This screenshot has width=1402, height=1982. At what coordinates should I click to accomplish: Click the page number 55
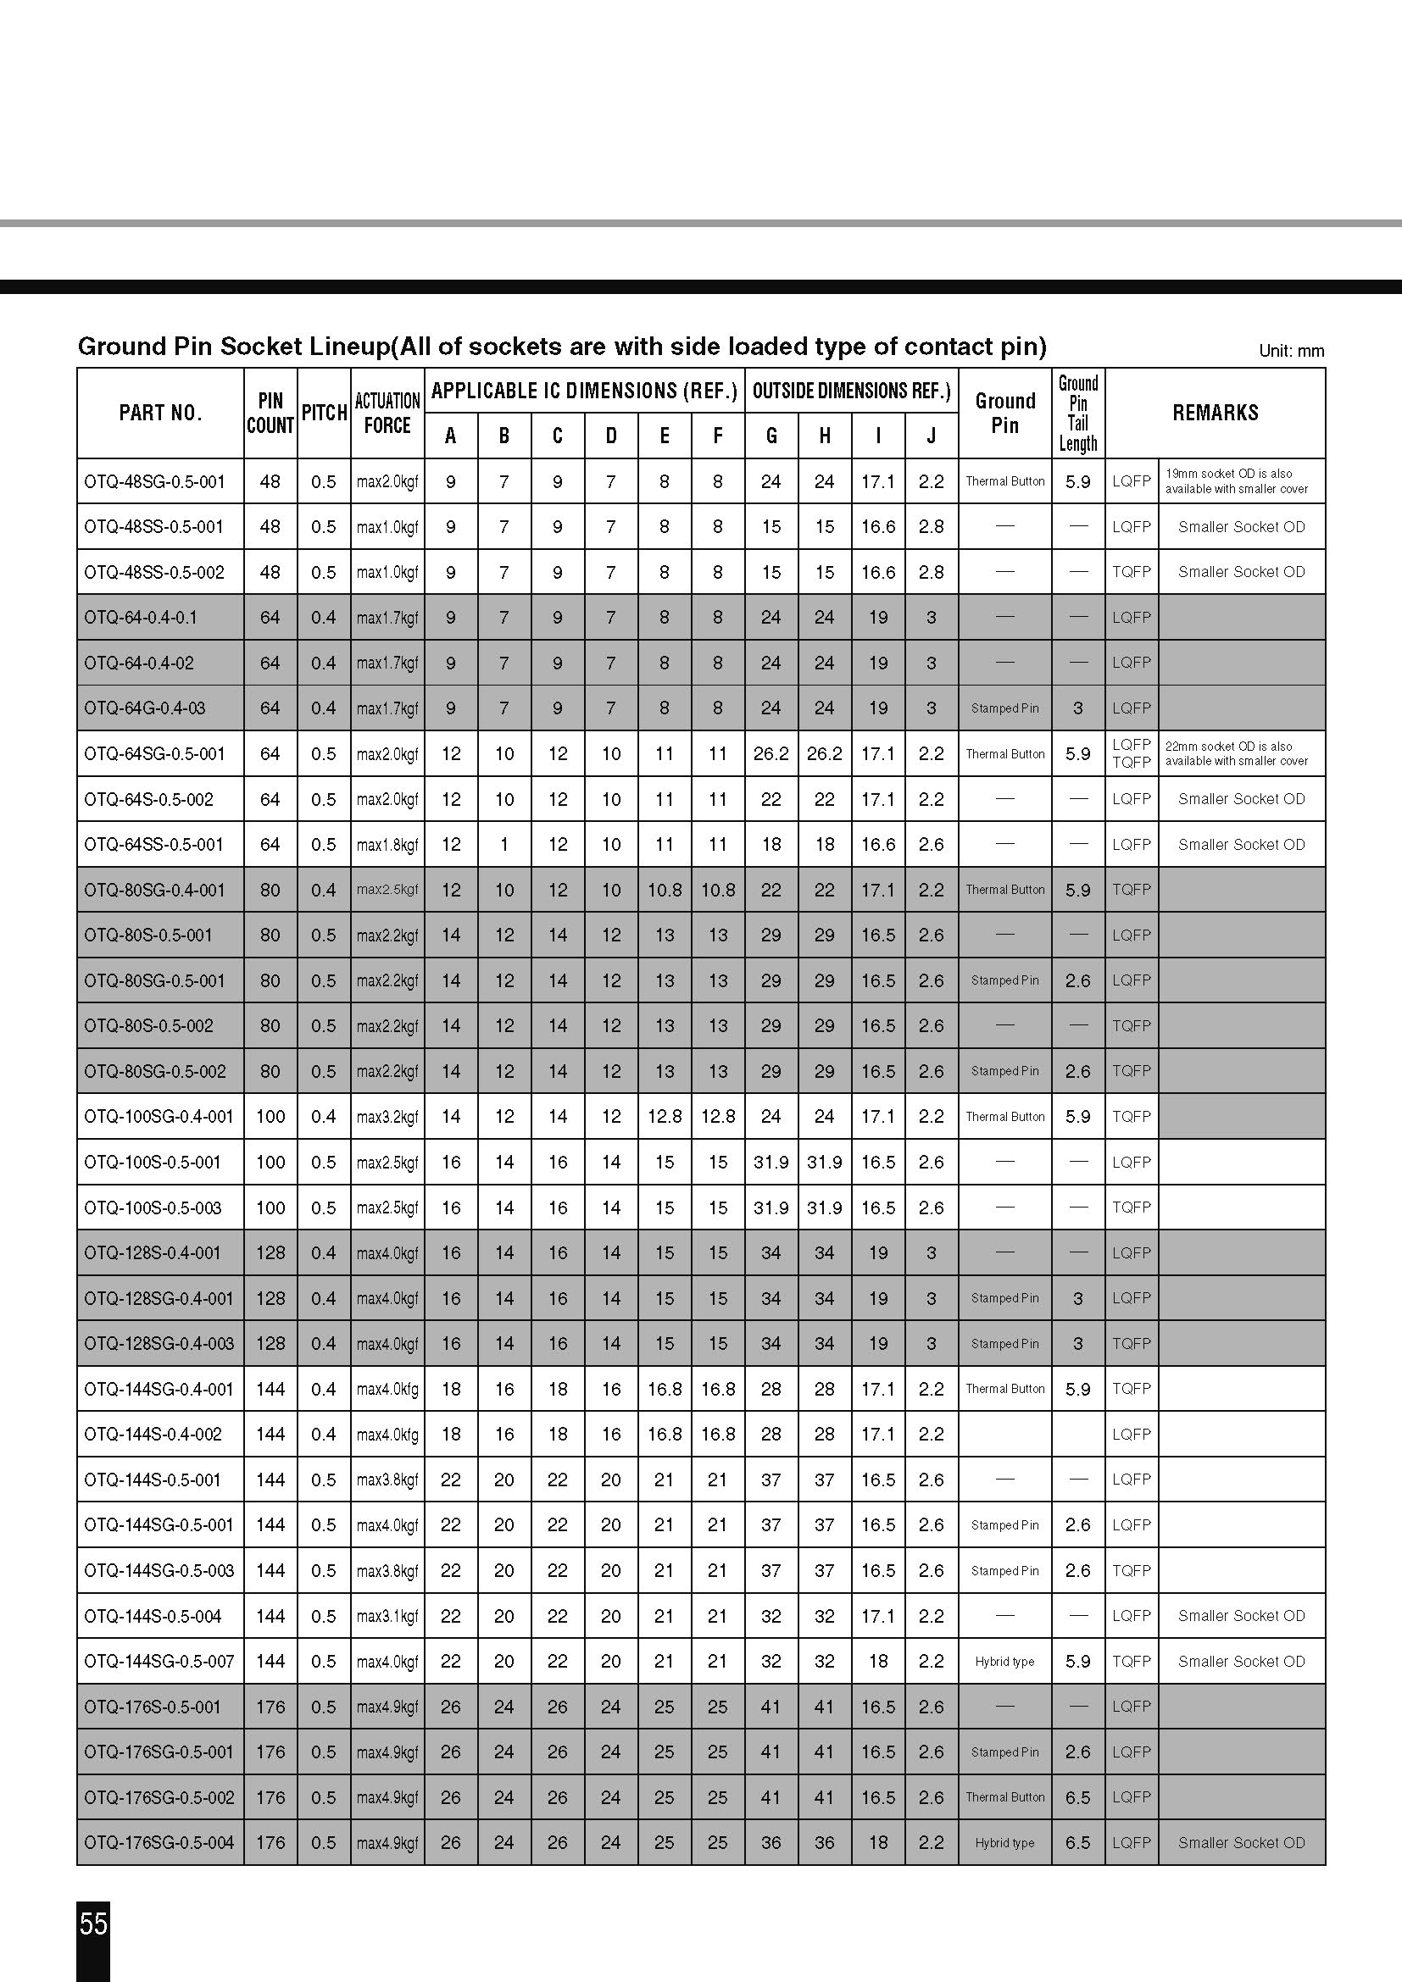pyautogui.click(x=93, y=1924)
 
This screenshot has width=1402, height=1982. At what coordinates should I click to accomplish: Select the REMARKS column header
pyautogui.click(x=1215, y=413)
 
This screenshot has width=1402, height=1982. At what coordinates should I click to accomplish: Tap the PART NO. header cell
pyautogui.click(x=160, y=413)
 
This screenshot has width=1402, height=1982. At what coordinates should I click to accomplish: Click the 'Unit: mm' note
pyautogui.click(x=1291, y=351)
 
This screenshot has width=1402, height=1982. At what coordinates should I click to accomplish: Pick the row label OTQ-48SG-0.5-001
pyautogui.click(x=154, y=481)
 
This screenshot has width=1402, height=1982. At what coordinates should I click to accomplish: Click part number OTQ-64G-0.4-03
pyautogui.click(x=145, y=708)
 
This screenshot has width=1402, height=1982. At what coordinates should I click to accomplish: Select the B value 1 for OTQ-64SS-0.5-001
pyautogui.click(x=504, y=844)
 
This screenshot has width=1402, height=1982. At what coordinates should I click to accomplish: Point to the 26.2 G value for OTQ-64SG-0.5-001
pyautogui.click(x=771, y=753)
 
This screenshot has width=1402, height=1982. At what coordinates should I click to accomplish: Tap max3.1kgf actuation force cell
pyautogui.click(x=387, y=1616)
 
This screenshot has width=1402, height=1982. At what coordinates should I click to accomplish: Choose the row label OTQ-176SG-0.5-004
pyautogui.click(x=159, y=1842)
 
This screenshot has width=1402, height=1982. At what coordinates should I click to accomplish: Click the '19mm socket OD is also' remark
pyautogui.click(x=1228, y=474)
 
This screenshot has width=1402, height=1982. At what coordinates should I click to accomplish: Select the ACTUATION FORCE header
pyautogui.click(x=387, y=413)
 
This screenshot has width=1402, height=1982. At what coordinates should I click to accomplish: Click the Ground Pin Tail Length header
pyautogui.click(x=1077, y=413)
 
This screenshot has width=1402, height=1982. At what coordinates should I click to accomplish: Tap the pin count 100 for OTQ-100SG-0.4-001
pyautogui.click(x=270, y=1116)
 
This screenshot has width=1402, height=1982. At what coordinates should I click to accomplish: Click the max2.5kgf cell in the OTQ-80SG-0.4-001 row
pyautogui.click(x=387, y=890)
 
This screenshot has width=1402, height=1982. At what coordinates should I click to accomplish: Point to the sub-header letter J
pyautogui.click(x=931, y=436)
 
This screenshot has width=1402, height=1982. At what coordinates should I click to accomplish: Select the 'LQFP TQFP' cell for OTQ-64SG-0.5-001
pyautogui.click(x=1131, y=753)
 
